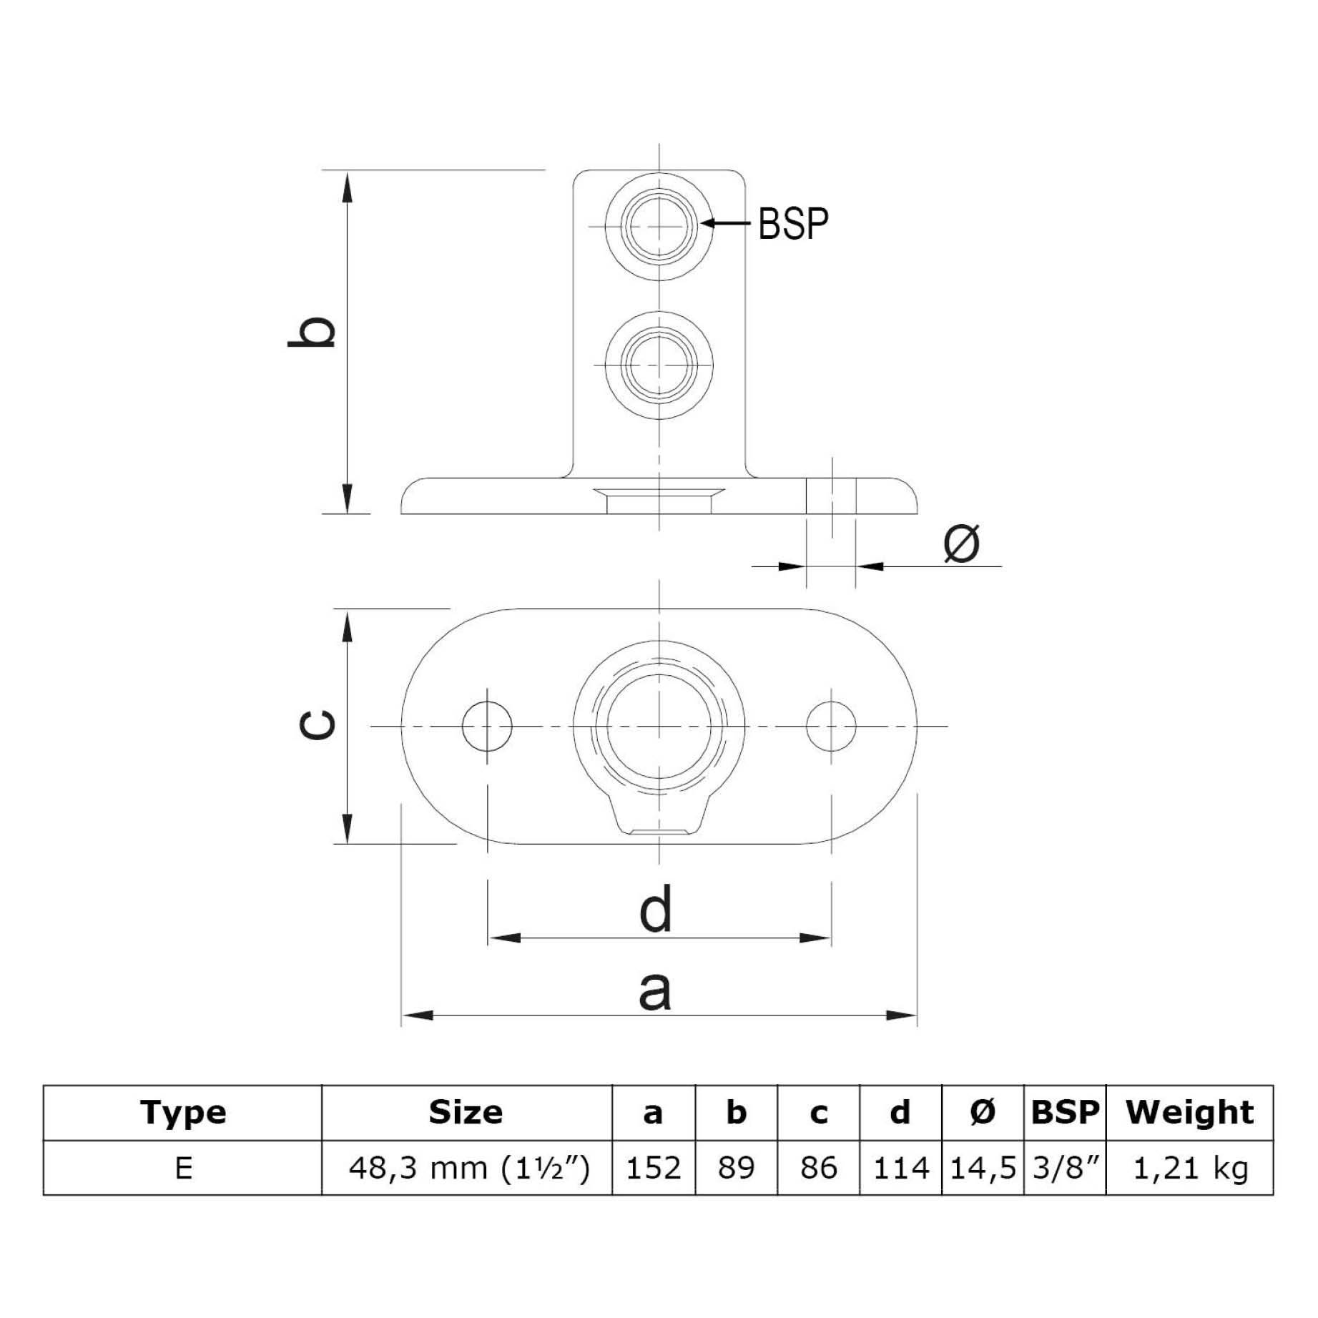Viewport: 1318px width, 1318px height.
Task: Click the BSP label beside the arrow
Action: (x=793, y=223)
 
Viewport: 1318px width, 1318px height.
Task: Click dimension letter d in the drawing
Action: (x=655, y=908)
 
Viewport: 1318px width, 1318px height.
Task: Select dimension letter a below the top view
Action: (x=654, y=991)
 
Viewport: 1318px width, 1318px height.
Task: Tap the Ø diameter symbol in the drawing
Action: (x=961, y=543)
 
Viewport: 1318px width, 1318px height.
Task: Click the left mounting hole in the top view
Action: (x=486, y=726)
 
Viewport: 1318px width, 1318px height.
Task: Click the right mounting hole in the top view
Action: (x=830, y=726)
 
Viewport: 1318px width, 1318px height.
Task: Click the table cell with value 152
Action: (x=654, y=1169)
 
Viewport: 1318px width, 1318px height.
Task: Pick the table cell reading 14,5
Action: (x=983, y=1169)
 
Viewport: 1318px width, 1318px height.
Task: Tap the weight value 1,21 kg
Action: (x=1190, y=1169)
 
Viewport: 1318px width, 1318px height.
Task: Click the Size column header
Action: (x=466, y=1112)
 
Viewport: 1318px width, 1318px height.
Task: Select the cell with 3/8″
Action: (x=1065, y=1169)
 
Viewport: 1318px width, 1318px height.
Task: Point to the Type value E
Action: (x=183, y=1169)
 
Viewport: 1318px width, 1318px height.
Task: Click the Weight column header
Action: (x=1189, y=1112)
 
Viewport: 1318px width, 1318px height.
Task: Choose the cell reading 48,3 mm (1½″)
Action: (x=468, y=1169)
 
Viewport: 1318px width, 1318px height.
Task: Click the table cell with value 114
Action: (x=900, y=1169)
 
